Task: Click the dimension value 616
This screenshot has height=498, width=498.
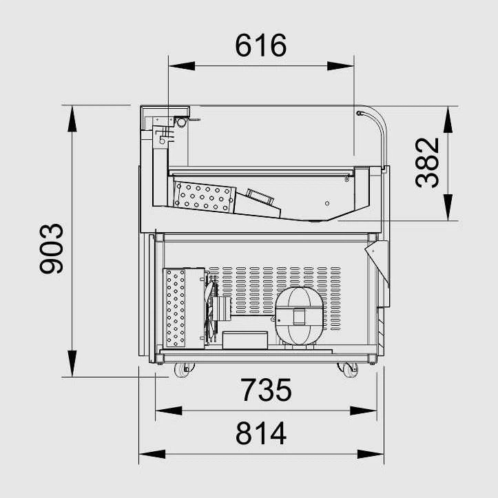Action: pos(261,45)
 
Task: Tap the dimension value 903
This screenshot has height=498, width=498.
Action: pos(52,249)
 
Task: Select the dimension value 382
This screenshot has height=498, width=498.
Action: pos(427,163)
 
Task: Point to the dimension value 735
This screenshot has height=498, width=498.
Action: pos(266,389)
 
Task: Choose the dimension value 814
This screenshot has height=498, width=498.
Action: pos(261,433)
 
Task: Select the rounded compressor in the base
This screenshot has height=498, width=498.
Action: pos(299,316)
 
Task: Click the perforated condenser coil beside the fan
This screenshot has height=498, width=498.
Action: pos(176,308)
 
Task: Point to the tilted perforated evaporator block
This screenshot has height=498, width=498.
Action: pos(205,197)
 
